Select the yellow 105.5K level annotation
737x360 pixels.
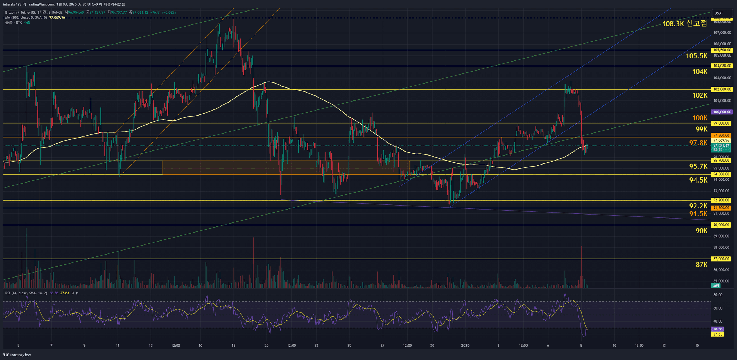tap(696, 56)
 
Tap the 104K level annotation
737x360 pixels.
tap(700, 72)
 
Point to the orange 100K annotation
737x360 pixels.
tap(700, 118)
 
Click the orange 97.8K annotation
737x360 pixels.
tap(698, 143)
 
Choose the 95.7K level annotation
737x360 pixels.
tap(698, 166)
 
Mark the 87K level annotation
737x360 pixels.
tap(701, 265)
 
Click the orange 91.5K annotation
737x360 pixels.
tap(698, 214)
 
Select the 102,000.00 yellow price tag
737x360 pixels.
tap(722, 89)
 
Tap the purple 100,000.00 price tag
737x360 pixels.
tap(722, 112)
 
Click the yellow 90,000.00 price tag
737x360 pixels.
tap(722, 225)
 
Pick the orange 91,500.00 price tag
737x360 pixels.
tap(722, 208)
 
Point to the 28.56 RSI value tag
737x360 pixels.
tap(718, 329)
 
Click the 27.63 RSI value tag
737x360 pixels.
tap(718, 334)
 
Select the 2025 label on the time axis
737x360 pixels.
tap(465, 346)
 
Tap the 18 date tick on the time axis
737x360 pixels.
tap(234, 346)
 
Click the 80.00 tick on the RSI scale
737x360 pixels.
tap(718, 295)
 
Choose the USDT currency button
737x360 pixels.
tap(719, 13)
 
